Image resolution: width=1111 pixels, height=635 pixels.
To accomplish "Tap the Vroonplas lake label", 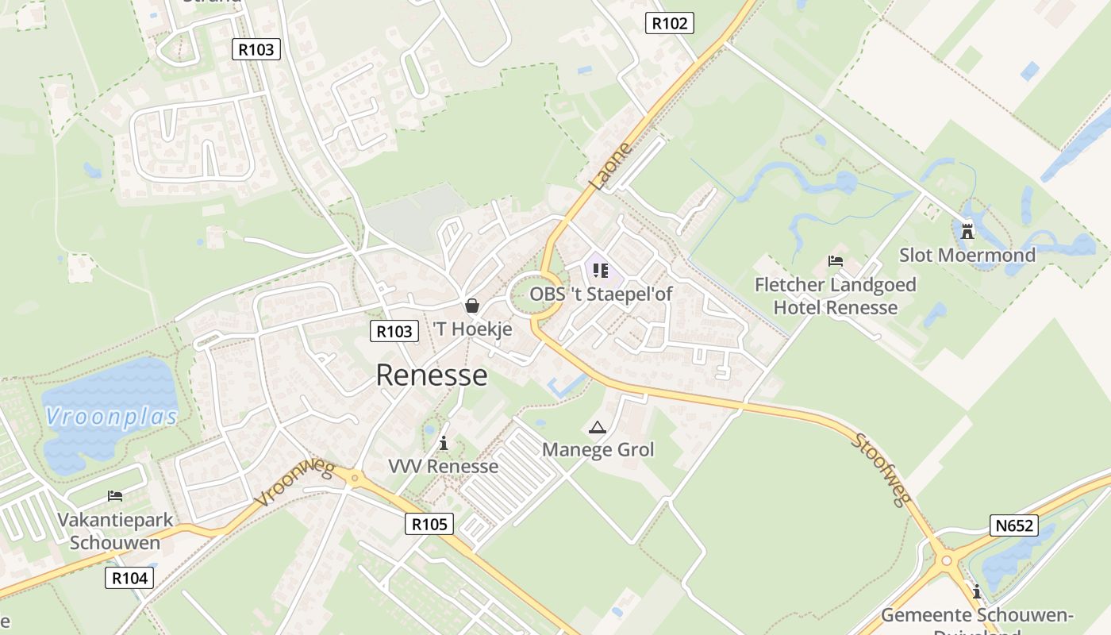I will (x=111, y=416).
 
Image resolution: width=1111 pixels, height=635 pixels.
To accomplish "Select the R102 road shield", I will (x=669, y=23).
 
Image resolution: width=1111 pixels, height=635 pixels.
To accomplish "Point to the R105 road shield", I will (x=429, y=524).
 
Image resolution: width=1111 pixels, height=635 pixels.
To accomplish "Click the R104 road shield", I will (x=129, y=578).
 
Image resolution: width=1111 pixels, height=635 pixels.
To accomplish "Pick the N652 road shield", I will (x=1014, y=525).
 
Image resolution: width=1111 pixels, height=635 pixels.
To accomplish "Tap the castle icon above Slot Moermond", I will (x=967, y=231).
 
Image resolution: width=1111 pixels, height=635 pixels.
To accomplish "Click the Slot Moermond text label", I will (x=967, y=255).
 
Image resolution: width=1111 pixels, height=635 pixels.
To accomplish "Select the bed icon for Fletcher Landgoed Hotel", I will (x=835, y=260).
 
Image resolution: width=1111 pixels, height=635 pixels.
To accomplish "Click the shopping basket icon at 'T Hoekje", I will (x=472, y=306).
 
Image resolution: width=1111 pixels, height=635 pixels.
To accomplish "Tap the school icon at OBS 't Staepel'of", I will (x=601, y=271).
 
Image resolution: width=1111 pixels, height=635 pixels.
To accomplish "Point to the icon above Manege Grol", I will (x=597, y=428).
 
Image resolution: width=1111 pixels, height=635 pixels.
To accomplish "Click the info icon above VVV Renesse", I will (x=444, y=443).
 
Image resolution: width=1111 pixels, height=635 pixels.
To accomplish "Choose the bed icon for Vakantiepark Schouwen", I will (x=115, y=496).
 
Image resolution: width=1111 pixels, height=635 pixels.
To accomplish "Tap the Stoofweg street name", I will (x=882, y=468).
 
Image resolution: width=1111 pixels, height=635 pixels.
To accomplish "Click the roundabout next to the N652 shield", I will (x=945, y=561).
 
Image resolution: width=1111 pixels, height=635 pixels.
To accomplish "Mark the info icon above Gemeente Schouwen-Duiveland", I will (x=977, y=591).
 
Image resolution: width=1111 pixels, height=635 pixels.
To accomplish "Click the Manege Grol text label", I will (x=598, y=450).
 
